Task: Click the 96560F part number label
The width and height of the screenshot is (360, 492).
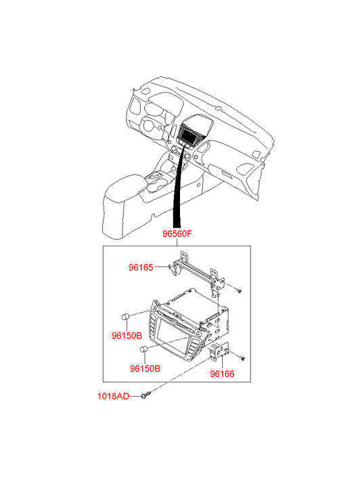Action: pyautogui.click(x=177, y=233)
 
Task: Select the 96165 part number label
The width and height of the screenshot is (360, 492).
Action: pyautogui.click(x=141, y=267)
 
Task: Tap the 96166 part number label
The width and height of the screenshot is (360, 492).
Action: pyautogui.click(x=222, y=374)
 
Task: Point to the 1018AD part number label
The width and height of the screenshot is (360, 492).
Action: pyautogui.click(x=113, y=397)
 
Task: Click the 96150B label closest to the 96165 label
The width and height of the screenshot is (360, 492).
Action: pyautogui.click(x=127, y=336)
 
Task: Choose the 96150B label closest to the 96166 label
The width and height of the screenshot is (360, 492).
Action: pyautogui.click(x=145, y=368)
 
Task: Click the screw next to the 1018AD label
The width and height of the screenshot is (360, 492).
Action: pyautogui.click(x=146, y=395)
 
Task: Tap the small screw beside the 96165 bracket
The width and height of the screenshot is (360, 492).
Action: pyautogui.click(x=239, y=291)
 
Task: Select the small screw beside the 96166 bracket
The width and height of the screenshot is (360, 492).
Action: pyautogui.click(x=242, y=358)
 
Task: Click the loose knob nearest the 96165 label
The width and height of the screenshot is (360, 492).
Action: pyautogui.click(x=126, y=317)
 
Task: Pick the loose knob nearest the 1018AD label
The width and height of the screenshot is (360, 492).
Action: pyautogui.click(x=144, y=349)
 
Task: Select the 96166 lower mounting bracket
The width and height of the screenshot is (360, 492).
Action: pyautogui.click(x=219, y=351)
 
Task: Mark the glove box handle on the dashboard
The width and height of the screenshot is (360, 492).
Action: pyautogui.click(x=227, y=174)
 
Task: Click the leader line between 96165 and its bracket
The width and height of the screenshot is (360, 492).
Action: pyautogui.click(x=162, y=267)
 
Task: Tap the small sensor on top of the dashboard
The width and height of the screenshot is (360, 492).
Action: pyautogui.click(x=219, y=108)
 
